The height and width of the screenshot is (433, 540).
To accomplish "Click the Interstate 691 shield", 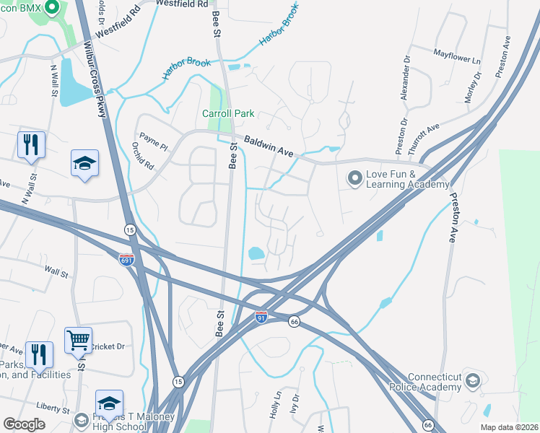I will tap(126, 260).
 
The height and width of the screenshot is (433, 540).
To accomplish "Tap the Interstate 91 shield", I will tap(261, 317).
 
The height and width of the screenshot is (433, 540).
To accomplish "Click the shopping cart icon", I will tap(78, 340).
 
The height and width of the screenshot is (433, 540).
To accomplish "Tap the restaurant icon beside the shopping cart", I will tap(39, 355).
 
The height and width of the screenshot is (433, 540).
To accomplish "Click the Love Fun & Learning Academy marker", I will tap(354, 177).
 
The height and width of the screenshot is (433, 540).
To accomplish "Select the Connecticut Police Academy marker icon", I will tap(472, 380).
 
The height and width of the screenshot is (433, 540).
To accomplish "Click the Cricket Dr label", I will tap(108, 346).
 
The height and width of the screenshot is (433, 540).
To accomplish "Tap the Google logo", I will tap(25, 424).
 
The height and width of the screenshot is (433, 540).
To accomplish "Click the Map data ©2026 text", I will tap(509, 427).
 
